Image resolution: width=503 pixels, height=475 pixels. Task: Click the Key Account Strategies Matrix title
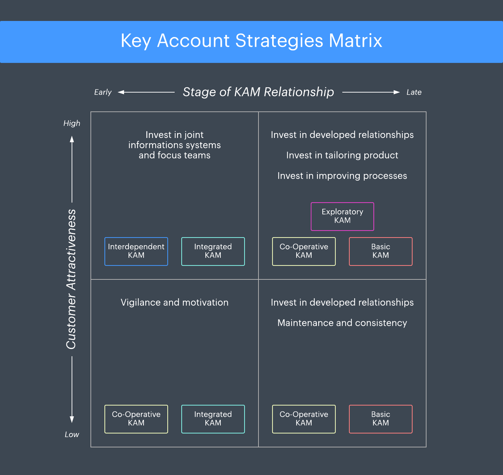(x=251, y=41)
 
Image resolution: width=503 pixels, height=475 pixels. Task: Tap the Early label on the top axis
(x=103, y=92)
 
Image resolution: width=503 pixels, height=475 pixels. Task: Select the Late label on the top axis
(x=414, y=92)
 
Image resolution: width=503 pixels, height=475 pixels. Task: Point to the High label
(x=72, y=123)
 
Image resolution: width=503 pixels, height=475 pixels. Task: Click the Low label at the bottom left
(x=72, y=434)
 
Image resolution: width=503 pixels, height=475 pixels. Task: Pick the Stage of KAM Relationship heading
(x=258, y=92)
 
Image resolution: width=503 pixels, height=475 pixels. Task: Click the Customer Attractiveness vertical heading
(x=71, y=279)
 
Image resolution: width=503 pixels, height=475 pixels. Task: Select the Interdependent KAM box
(x=136, y=251)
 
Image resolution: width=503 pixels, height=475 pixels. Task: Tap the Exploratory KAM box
(x=342, y=216)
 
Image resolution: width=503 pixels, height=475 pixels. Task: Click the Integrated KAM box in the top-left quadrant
(x=213, y=251)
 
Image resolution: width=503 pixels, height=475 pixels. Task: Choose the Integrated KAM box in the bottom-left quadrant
(x=213, y=419)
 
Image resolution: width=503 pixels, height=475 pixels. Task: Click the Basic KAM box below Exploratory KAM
(x=381, y=251)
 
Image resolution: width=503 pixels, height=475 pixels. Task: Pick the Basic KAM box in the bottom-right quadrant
(x=381, y=419)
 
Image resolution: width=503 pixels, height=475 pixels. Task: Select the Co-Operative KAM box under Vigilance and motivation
(x=136, y=419)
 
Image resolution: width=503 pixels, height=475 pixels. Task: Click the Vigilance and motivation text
(x=174, y=302)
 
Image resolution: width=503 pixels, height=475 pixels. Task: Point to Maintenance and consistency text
(x=342, y=323)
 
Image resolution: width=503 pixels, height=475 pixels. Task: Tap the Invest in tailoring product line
(x=342, y=155)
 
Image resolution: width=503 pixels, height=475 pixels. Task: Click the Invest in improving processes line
(x=342, y=176)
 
